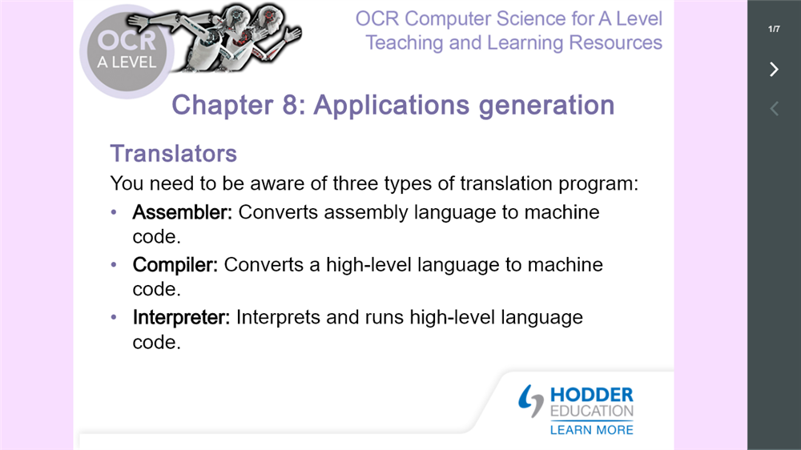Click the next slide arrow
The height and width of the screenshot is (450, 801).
pos(774,69)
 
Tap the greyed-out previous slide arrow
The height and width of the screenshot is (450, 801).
pos(774,108)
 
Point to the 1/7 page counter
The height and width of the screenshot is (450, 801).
pos(774,29)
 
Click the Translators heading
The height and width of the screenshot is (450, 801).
pos(174,153)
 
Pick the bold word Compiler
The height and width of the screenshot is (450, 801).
pos(175,265)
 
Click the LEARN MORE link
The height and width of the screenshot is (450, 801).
pos(592,430)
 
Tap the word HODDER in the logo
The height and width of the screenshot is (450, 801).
pos(592,395)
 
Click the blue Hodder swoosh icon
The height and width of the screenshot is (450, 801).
pos(530,400)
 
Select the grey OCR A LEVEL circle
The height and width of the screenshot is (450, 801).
pos(127,51)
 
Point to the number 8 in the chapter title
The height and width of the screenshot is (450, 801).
pos(290,105)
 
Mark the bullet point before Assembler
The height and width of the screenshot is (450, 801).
pos(114,212)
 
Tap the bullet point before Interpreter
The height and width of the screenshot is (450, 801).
pos(114,317)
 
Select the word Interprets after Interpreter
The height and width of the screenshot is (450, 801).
pos(279,318)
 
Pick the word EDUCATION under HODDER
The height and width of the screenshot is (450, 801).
pos(592,412)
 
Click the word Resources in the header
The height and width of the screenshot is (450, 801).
pos(615,43)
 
